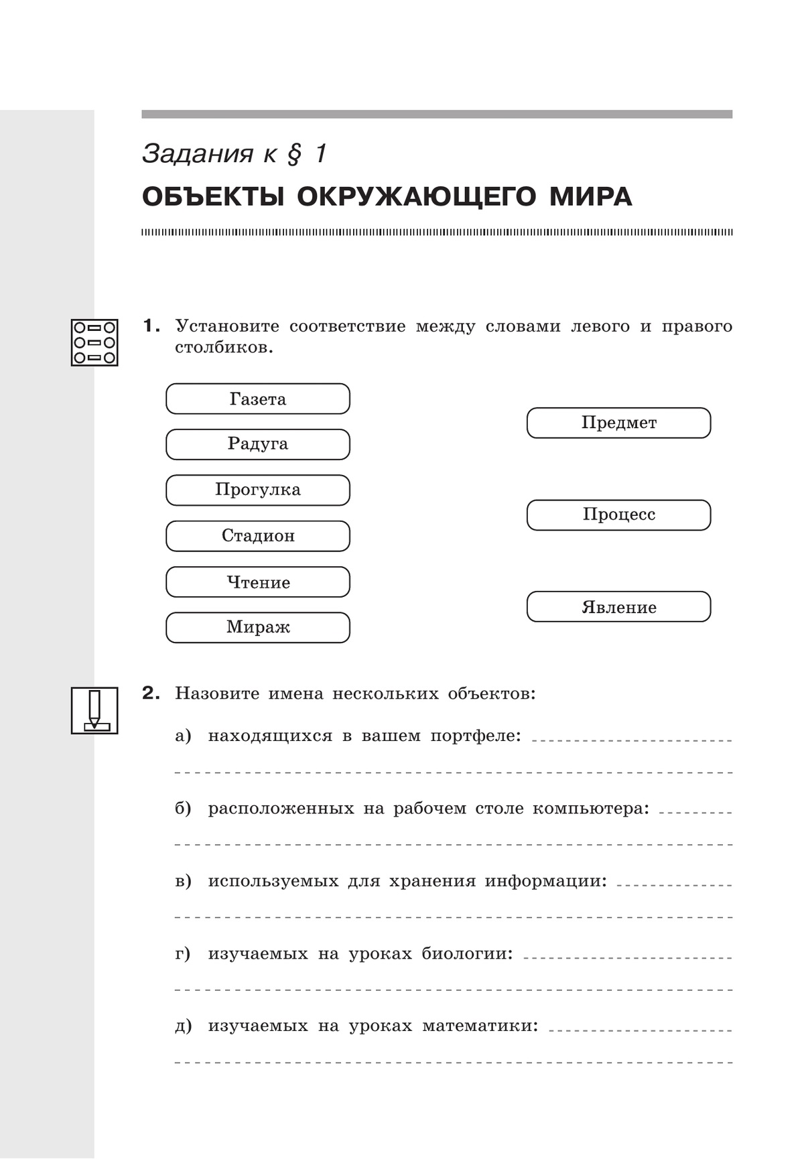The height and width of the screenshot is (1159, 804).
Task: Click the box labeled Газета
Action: point(258,399)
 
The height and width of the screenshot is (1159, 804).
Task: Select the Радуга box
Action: point(258,444)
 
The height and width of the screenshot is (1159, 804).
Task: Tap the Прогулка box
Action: point(258,490)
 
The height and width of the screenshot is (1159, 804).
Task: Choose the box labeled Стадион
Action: point(258,536)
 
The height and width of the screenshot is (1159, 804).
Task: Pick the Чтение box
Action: point(258,582)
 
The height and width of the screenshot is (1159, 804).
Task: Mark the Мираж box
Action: point(258,628)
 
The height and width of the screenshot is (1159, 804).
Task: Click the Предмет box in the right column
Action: point(618,423)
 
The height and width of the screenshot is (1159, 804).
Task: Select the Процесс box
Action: point(618,515)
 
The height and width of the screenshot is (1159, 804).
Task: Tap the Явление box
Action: point(618,607)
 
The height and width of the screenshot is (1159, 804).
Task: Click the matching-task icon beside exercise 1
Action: point(94,342)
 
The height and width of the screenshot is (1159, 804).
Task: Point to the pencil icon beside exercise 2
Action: point(94,710)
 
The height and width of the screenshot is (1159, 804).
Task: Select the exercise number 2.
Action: point(151,693)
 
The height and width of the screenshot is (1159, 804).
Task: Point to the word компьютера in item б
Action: point(590,809)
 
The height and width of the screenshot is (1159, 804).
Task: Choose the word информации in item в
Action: point(545,881)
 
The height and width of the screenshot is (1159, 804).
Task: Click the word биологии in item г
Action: point(467,953)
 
